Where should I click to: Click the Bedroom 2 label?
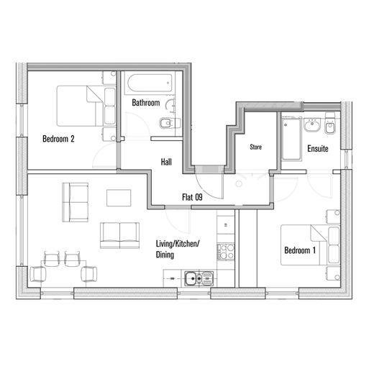tap(58, 139)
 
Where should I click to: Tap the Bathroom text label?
tap(146, 103)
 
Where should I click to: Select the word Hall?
tap(166, 162)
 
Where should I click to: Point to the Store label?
tap(255, 147)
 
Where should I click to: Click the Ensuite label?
tap(318, 149)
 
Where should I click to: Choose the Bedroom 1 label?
tap(300, 250)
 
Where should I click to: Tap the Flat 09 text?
tap(192, 197)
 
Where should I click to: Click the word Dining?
tap(165, 255)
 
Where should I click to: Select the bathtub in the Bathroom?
tap(150, 83)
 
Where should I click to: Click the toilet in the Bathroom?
tap(170, 123)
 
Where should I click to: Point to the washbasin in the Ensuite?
tap(312, 125)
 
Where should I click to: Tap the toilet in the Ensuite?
tap(330, 124)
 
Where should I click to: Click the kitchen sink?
tap(199, 278)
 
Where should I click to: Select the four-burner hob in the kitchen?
tap(226, 252)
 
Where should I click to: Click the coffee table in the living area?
tap(119, 198)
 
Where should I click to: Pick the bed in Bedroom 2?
tap(86, 106)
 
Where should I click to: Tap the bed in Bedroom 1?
tap(311, 245)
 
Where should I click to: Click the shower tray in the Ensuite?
tap(291, 139)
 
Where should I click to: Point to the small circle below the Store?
tap(239, 184)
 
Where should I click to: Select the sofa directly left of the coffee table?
tap(75, 202)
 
